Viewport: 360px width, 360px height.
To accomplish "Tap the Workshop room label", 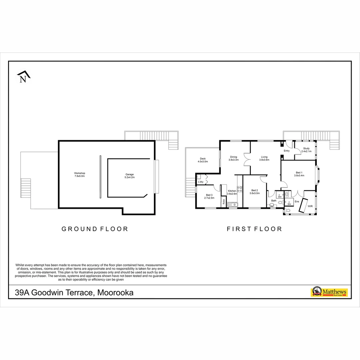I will [80, 174].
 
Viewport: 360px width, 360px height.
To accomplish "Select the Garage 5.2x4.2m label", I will [130, 176].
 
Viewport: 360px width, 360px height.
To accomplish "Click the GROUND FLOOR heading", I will [95, 229].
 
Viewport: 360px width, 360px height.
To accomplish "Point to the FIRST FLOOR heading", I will [254, 229].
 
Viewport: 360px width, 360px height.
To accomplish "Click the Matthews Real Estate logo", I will [329, 292].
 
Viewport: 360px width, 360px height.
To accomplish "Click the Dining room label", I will [233, 158].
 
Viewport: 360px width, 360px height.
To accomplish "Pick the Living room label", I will [264, 158].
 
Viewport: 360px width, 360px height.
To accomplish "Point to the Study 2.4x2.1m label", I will [306, 150].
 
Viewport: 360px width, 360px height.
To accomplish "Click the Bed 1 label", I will [299, 174].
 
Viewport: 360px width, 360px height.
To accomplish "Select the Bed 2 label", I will [254, 192].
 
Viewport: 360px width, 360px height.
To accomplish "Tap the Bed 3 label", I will [209, 196].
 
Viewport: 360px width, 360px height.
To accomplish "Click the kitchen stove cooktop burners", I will [239, 189].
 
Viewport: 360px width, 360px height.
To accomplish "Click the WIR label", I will [310, 206].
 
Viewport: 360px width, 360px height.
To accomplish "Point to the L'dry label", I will [201, 182].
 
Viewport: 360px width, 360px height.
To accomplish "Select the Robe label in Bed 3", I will [223, 201].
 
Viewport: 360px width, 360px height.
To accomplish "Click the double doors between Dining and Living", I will [247, 159].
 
